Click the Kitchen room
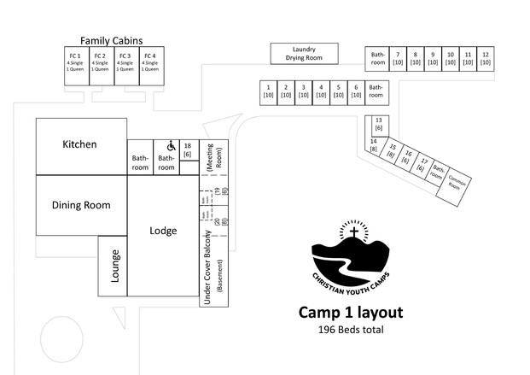coord(80,145)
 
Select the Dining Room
coord(81,205)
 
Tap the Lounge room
coord(113,265)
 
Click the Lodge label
coord(163,231)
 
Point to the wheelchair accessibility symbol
coord(171,145)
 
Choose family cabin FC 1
coord(75,62)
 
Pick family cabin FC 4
coord(150,62)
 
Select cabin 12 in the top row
coord(486,58)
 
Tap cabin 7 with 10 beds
coord(397,58)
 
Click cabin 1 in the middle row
coord(269,91)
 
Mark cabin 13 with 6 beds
coord(377,124)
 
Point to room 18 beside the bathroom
coord(187,149)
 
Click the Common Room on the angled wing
coord(457,184)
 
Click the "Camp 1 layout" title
coord(350,313)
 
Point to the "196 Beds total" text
coord(350,330)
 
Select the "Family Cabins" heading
coord(111,40)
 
